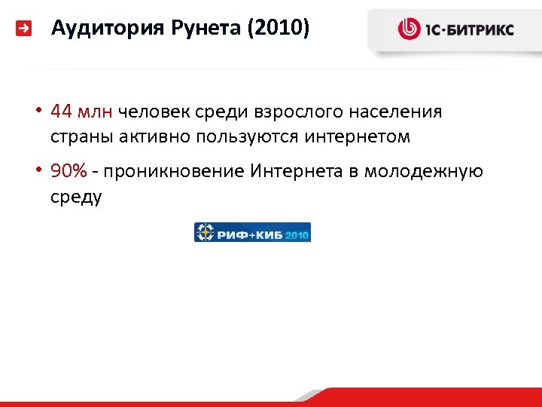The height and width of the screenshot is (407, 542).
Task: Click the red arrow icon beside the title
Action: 25,29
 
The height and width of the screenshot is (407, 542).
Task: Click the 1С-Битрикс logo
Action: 456,29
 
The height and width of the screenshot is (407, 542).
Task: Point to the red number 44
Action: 62,112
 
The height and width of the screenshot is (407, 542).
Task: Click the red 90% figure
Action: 69,172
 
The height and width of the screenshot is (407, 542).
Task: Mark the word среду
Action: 76,197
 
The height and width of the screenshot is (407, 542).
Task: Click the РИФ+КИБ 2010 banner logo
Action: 252,232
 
